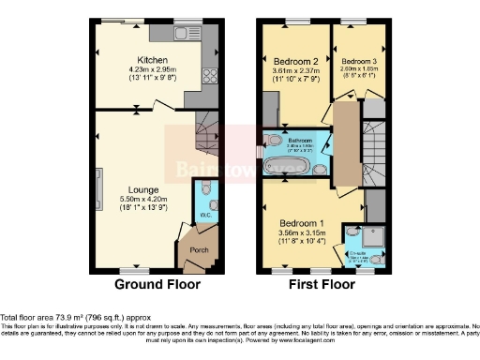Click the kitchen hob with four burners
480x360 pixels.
[x=207, y=78]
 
